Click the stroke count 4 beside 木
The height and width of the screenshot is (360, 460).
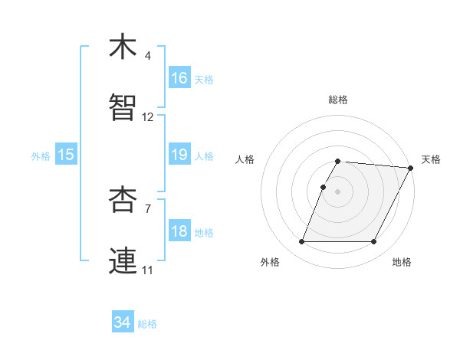(148, 56)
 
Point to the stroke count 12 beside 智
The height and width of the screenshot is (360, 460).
(148, 117)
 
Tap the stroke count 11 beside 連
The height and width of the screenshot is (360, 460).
(148, 270)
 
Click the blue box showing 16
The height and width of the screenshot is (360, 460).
(179, 78)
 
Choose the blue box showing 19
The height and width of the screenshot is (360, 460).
(179, 155)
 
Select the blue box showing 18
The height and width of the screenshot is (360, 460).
(179, 231)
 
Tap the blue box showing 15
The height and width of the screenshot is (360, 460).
(66, 155)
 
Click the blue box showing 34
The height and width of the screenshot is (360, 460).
(123, 322)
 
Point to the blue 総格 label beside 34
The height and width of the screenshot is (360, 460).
(148, 324)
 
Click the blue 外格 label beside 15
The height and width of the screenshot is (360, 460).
(41, 156)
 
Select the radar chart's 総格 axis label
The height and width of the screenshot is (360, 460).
(338, 100)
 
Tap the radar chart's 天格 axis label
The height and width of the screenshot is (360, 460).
(431, 159)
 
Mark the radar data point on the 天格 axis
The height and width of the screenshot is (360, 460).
(411, 168)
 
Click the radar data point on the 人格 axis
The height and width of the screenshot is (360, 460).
(324, 187)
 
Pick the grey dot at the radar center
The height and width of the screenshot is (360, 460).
(338, 191)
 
